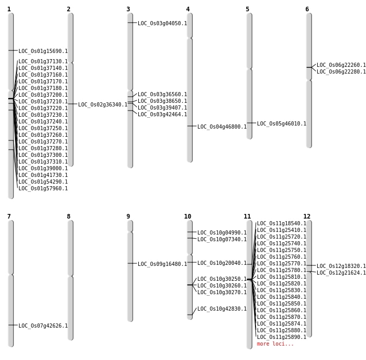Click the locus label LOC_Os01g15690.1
click(43, 51)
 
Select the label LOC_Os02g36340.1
click(103, 104)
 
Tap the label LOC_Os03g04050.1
click(162, 23)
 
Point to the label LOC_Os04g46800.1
click(222, 127)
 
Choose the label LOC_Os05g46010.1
click(282, 123)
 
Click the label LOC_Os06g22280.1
click(341, 71)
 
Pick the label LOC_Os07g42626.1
click(43, 326)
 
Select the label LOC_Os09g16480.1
click(162, 264)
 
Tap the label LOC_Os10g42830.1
click(222, 309)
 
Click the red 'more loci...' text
click(276, 344)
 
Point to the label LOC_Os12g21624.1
click(341, 273)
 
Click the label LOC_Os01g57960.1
click(43, 188)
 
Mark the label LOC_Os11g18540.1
click(282, 223)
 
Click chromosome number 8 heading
click(68, 217)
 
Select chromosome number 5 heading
click(247, 9)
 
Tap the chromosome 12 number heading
click(307, 217)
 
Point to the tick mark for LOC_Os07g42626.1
click(11, 325)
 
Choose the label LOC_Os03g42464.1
click(162, 114)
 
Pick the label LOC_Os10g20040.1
click(222, 263)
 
